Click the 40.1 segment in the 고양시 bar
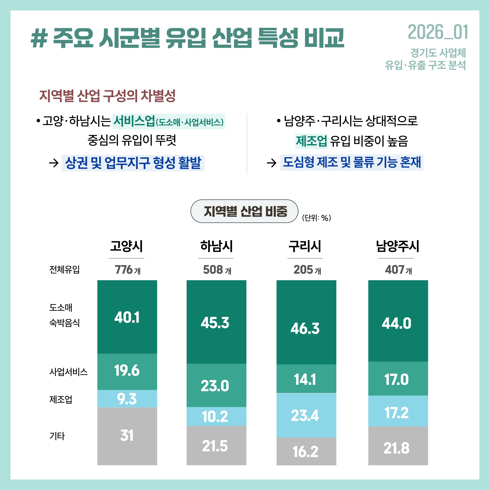point(127,317)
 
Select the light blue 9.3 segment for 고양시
point(127,399)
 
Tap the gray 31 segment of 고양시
point(127,436)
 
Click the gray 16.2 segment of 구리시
point(306,451)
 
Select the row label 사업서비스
point(68,372)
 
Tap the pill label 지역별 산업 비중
point(244,211)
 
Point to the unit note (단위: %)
point(316,218)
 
